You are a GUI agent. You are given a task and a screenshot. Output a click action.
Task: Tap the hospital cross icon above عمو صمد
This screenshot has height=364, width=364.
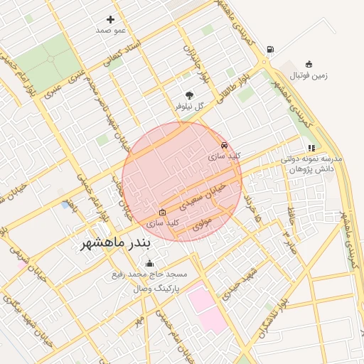(x=110, y=19)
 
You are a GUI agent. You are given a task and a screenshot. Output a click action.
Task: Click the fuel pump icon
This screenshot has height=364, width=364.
(x=270, y=50)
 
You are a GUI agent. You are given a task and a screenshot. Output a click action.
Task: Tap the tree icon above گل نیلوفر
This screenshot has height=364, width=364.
(x=189, y=95)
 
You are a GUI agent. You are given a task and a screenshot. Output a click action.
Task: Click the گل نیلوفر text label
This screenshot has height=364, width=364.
(x=190, y=106)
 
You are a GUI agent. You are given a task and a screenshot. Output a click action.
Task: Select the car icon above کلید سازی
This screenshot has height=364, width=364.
(x=225, y=144)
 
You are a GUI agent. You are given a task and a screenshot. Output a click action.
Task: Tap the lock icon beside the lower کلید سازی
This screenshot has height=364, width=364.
(x=162, y=211)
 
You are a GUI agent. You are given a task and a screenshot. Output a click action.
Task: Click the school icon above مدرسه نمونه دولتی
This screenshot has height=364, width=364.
(x=311, y=148)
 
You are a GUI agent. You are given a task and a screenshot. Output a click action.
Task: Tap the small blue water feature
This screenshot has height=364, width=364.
(x=65, y=205)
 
